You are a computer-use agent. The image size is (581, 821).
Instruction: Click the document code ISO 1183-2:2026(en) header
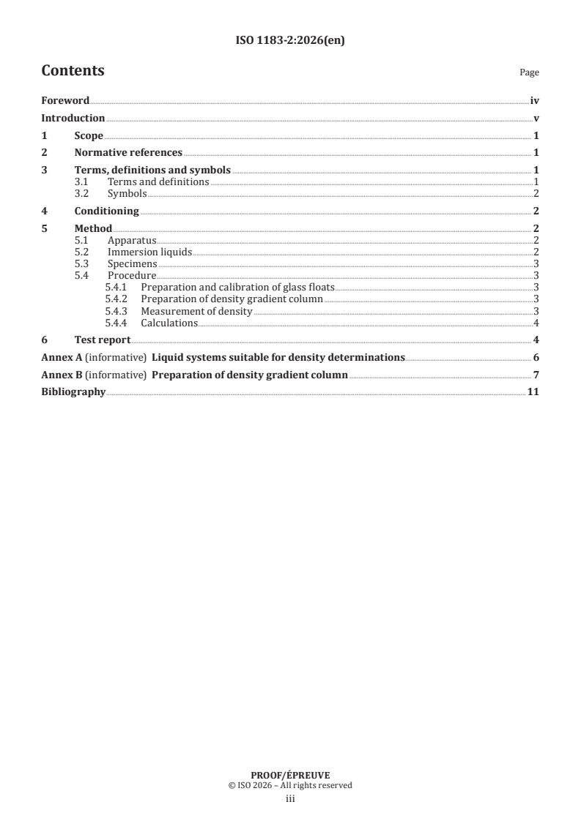290,41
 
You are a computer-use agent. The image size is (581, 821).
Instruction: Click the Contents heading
73,71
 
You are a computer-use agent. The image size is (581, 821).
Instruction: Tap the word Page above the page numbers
529,72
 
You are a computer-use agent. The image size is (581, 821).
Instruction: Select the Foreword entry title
65,101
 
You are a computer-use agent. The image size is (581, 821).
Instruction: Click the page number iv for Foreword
535,101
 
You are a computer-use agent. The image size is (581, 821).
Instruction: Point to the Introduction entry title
73,118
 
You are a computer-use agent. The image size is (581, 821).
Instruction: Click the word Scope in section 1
89,135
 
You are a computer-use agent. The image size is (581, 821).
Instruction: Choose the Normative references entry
128,153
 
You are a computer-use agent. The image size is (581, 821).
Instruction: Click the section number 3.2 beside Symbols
83,193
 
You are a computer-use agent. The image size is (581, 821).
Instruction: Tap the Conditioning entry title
106,211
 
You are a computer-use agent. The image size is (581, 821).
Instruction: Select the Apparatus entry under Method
132,240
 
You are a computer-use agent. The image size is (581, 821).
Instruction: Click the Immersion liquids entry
149,252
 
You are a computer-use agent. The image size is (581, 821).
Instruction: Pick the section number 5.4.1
116,288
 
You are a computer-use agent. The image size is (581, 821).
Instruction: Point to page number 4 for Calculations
537,323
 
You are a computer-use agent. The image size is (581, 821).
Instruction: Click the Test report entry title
103,340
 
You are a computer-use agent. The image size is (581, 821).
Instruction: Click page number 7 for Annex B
537,375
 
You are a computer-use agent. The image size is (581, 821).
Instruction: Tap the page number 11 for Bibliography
534,393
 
